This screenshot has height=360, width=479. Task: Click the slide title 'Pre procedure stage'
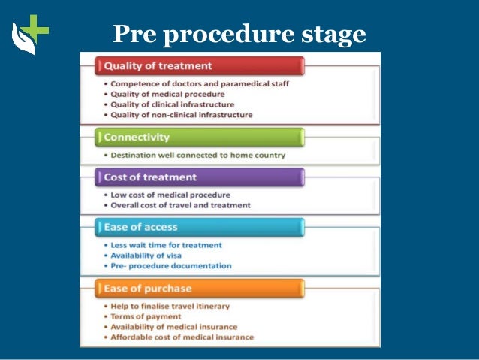coord(239,34)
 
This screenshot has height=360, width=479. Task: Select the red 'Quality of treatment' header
coord(200,66)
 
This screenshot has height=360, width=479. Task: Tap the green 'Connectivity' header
coord(200,138)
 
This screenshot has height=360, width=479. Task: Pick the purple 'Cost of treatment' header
coord(200,177)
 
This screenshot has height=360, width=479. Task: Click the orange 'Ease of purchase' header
coord(200,289)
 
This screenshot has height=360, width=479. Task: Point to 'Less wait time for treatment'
coord(166,245)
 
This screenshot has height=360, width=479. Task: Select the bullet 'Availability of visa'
coord(146,256)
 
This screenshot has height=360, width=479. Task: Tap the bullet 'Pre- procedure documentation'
coord(171,266)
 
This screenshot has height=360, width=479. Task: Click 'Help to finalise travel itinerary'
coord(170,307)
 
